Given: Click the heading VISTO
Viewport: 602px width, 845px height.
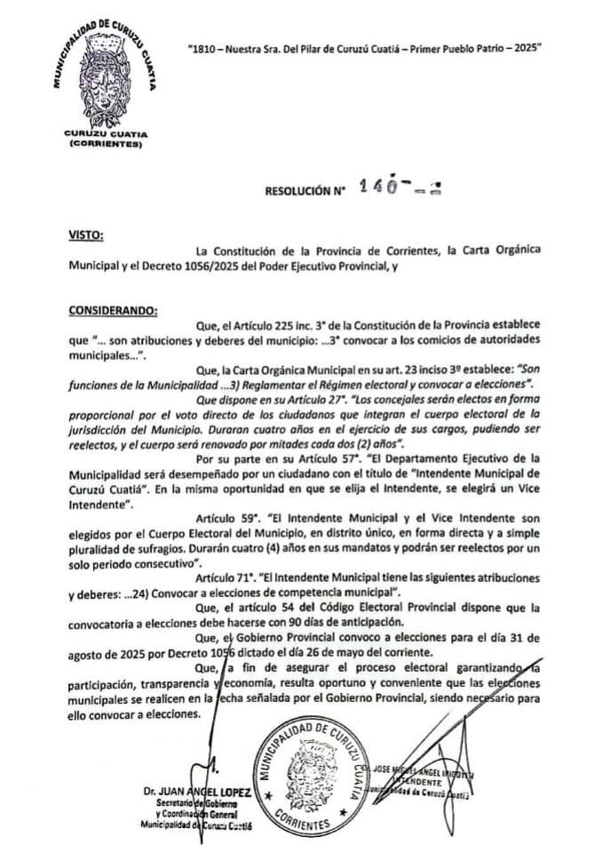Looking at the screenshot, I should click(x=86, y=236).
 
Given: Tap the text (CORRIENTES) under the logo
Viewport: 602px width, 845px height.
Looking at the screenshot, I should click(x=105, y=143).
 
